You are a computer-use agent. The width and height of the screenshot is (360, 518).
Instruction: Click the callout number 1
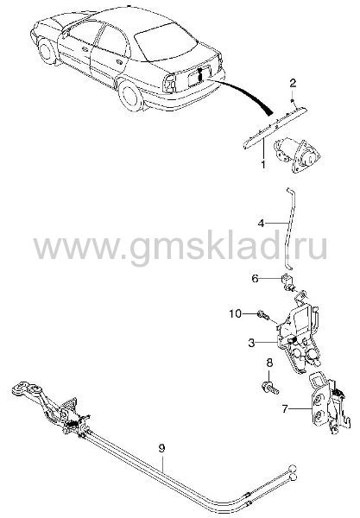[263, 164]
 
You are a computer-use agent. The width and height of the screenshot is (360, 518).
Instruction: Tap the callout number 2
[293, 83]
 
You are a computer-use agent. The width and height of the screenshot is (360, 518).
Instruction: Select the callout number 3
[252, 343]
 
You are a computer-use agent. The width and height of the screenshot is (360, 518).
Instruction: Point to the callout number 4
[262, 224]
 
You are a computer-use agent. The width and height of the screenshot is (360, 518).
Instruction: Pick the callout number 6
[255, 279]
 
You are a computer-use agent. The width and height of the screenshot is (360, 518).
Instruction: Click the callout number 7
[285, 409]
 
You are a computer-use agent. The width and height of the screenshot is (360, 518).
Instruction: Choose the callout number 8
[269, 363]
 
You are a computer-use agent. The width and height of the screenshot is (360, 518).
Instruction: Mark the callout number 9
[161, 448]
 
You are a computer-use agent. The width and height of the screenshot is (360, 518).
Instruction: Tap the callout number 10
[236, 313]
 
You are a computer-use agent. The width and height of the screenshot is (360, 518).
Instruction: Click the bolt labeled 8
[270, 388]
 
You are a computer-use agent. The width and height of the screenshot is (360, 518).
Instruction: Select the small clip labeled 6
[288, 282]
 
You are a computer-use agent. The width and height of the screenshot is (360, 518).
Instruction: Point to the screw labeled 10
[263, 316]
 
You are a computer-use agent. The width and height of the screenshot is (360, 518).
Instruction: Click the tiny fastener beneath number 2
[293, 100]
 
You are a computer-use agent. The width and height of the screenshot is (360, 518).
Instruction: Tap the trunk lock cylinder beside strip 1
[297, 155]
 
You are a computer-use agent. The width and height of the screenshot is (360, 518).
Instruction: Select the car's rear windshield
[166, 41]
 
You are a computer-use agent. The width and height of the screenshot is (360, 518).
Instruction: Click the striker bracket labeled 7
[329, 402]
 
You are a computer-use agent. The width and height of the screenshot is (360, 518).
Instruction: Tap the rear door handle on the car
[119, 62]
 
